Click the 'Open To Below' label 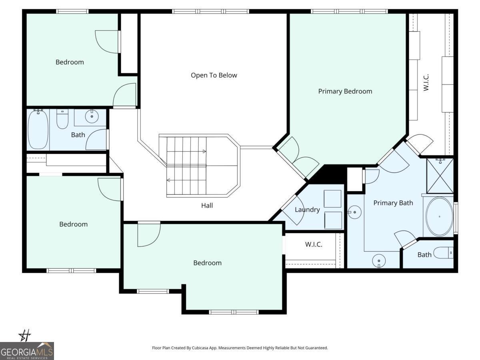tap(214, 75)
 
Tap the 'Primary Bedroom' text tap(345, 91)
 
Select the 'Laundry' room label tap(307, 210)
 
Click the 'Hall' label tap(207, 206)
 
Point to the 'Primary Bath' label tap(393, 203)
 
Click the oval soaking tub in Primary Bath tap(439, 216)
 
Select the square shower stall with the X tap(440, 176)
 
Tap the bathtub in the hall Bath tap(38, 129)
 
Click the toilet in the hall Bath tap(62, 119)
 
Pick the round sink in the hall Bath tap(92, 117)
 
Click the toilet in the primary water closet tap(444, 252)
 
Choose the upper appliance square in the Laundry tap(332, 199)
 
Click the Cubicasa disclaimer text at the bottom tap(240, 348)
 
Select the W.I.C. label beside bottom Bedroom tap(314, 244)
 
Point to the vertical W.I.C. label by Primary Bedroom tap(426, 82)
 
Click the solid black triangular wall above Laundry tap(328, 174)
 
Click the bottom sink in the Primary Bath tap(378, 261)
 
